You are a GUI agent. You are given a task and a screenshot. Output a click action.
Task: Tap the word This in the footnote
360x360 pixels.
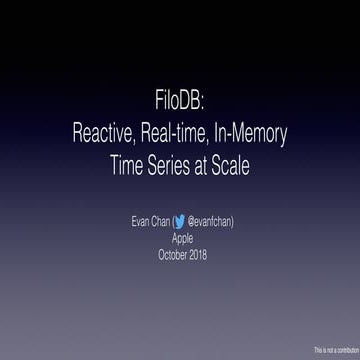click(x=317, y=351)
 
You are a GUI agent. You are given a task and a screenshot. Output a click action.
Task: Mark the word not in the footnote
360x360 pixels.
click(x=327, y=351)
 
